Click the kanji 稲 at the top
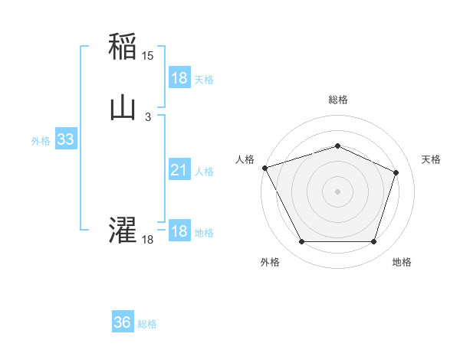click(123, 47)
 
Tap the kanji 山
click(123, 108)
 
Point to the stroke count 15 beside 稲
click(148, 56)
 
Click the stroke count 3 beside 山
click(148, 116)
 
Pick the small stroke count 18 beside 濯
click(148, 240)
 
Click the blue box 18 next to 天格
click(179, 78)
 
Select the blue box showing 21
click(179, 171)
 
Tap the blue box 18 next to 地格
click(179, 232)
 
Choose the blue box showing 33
click(65, 140)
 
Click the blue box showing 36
click(123, 322)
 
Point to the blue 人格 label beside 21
click(205, 172)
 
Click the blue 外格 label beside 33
click(41, 141)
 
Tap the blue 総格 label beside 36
click(148, 324)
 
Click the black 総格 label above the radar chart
click(338, 100)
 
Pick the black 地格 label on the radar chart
click(402, 262)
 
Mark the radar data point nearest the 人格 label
click(264, 168)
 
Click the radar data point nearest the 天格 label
click(396, 172)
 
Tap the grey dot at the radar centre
click(337, 191)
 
